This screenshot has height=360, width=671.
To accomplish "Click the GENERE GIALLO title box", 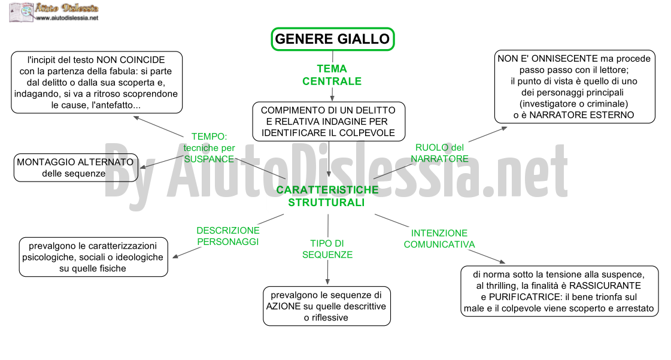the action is tap(332, 39).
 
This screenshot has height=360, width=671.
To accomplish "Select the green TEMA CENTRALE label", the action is tap(332, 75).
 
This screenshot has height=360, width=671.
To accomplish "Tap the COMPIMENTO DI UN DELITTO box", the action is tap(329, 122).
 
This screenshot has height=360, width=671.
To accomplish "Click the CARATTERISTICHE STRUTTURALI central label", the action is tap(327, 196).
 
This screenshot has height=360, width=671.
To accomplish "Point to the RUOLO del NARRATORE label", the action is tap(439, 153).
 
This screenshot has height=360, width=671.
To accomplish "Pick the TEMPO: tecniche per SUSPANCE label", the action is tap(210, 148).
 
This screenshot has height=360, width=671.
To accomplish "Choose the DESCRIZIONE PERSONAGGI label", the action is tap(228, 236).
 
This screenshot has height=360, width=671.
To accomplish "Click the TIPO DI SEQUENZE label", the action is tap(327, 249).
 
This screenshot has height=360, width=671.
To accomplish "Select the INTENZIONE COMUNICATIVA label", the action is tap(439, 239).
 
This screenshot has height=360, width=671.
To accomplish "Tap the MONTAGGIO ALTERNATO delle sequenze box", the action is tap(76, 168).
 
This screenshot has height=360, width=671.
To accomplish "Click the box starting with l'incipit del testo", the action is tap(97, 82).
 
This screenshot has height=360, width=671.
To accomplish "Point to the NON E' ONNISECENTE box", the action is tap(575, 87).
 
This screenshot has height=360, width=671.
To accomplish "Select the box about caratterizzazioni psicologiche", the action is tap(93, 257).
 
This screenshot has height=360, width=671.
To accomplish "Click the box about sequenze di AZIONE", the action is tap(326, 306).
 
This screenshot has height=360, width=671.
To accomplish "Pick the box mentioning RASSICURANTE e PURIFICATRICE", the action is tap(559, 291).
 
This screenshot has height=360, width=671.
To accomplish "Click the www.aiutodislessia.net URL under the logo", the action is tap(67, 18).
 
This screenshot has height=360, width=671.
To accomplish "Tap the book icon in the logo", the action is tap(21, 13).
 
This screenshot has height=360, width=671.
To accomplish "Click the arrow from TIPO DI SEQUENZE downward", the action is tap(327, 273).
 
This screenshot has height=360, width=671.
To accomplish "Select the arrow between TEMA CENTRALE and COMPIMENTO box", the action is tap(332, 95).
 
